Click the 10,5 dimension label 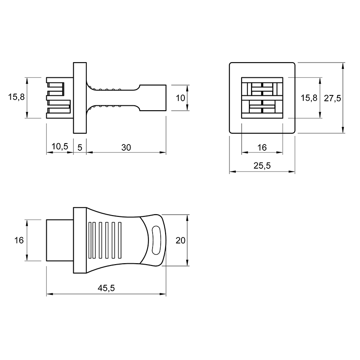(x=60, y=146)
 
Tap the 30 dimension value (x=126, y=148)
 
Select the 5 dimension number (x=80, y=148)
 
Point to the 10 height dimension (x=180, y=98)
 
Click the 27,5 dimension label (x=332, y=98)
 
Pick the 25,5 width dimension (x=262, y=166)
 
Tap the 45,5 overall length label (x=106, y=288)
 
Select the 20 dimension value (x=180, y=240)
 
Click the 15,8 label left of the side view (x=16, y=97)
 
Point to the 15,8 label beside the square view (x=309, y=98)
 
